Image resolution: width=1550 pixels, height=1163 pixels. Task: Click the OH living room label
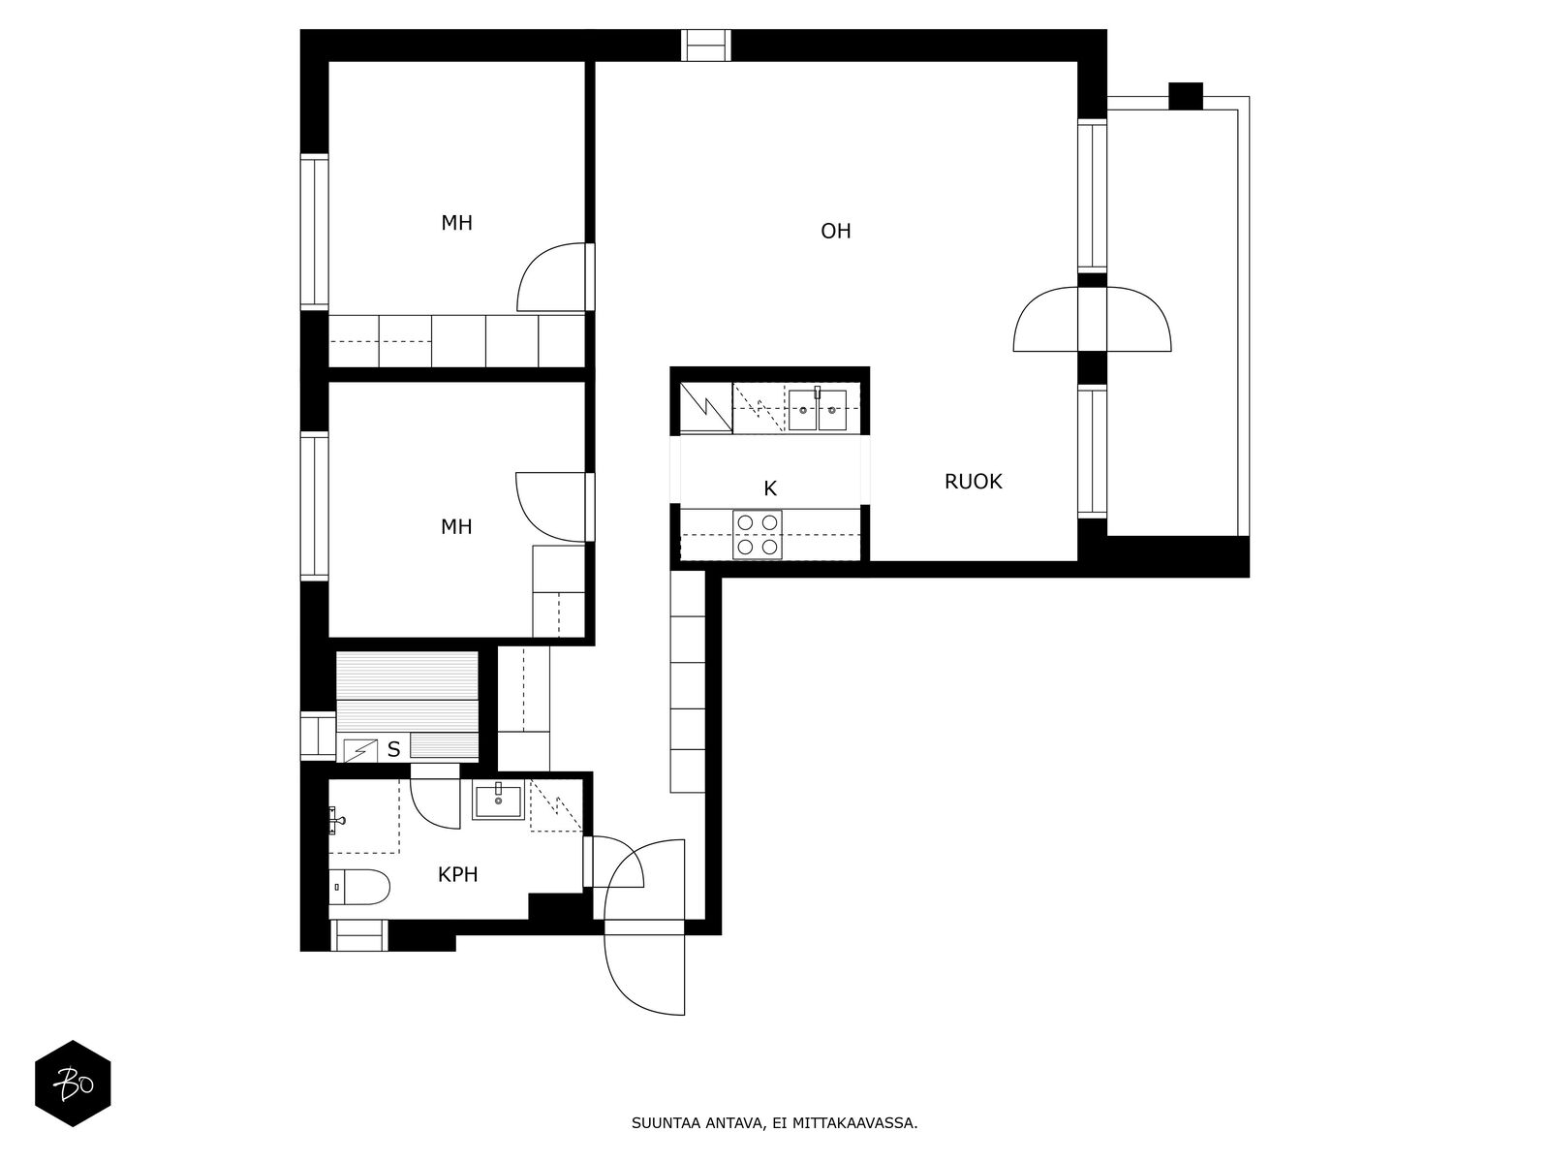point(835,231)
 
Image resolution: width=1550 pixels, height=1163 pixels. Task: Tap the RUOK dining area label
point(973,482)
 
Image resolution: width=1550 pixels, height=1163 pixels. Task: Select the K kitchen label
point(770,487)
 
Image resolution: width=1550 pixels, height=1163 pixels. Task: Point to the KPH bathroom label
point(457,875)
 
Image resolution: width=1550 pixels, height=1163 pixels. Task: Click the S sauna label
point(394,749)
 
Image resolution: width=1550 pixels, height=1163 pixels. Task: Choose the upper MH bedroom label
point(457,223)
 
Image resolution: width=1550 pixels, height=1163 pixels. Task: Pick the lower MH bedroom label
point(456,527)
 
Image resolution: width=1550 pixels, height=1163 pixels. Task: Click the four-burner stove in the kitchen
point(757,535)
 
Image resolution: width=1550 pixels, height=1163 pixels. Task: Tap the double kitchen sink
point(818,410)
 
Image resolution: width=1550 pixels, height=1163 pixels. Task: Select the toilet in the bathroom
point(359,888)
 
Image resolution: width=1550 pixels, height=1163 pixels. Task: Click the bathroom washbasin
point(499,802)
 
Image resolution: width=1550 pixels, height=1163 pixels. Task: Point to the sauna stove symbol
point(360,750)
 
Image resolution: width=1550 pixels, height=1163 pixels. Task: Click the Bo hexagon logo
point(73,1084)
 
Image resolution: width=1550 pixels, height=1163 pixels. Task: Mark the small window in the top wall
point(706,46)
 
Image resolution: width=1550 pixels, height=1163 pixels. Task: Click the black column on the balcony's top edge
point(1186,96)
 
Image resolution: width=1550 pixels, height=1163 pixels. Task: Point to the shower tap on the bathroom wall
point(336,821)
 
